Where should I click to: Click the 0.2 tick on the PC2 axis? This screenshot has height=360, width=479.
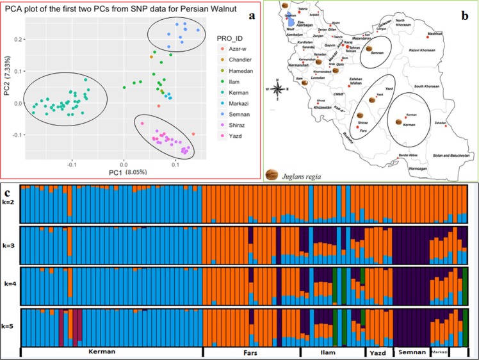pos(17,40)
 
